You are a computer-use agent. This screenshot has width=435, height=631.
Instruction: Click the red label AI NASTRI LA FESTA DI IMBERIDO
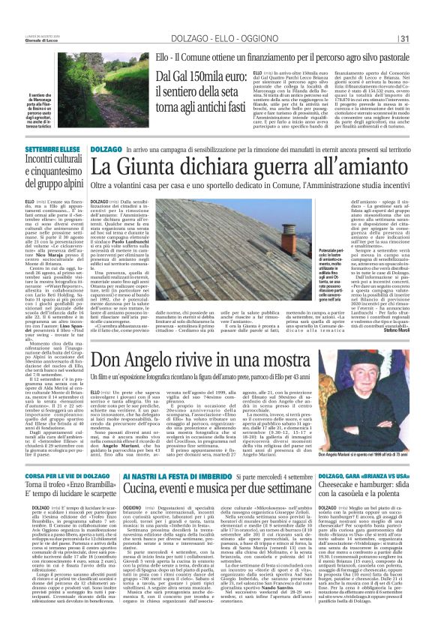tap(193, 477)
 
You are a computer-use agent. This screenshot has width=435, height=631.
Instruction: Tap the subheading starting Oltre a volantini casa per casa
tap(247, 184)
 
